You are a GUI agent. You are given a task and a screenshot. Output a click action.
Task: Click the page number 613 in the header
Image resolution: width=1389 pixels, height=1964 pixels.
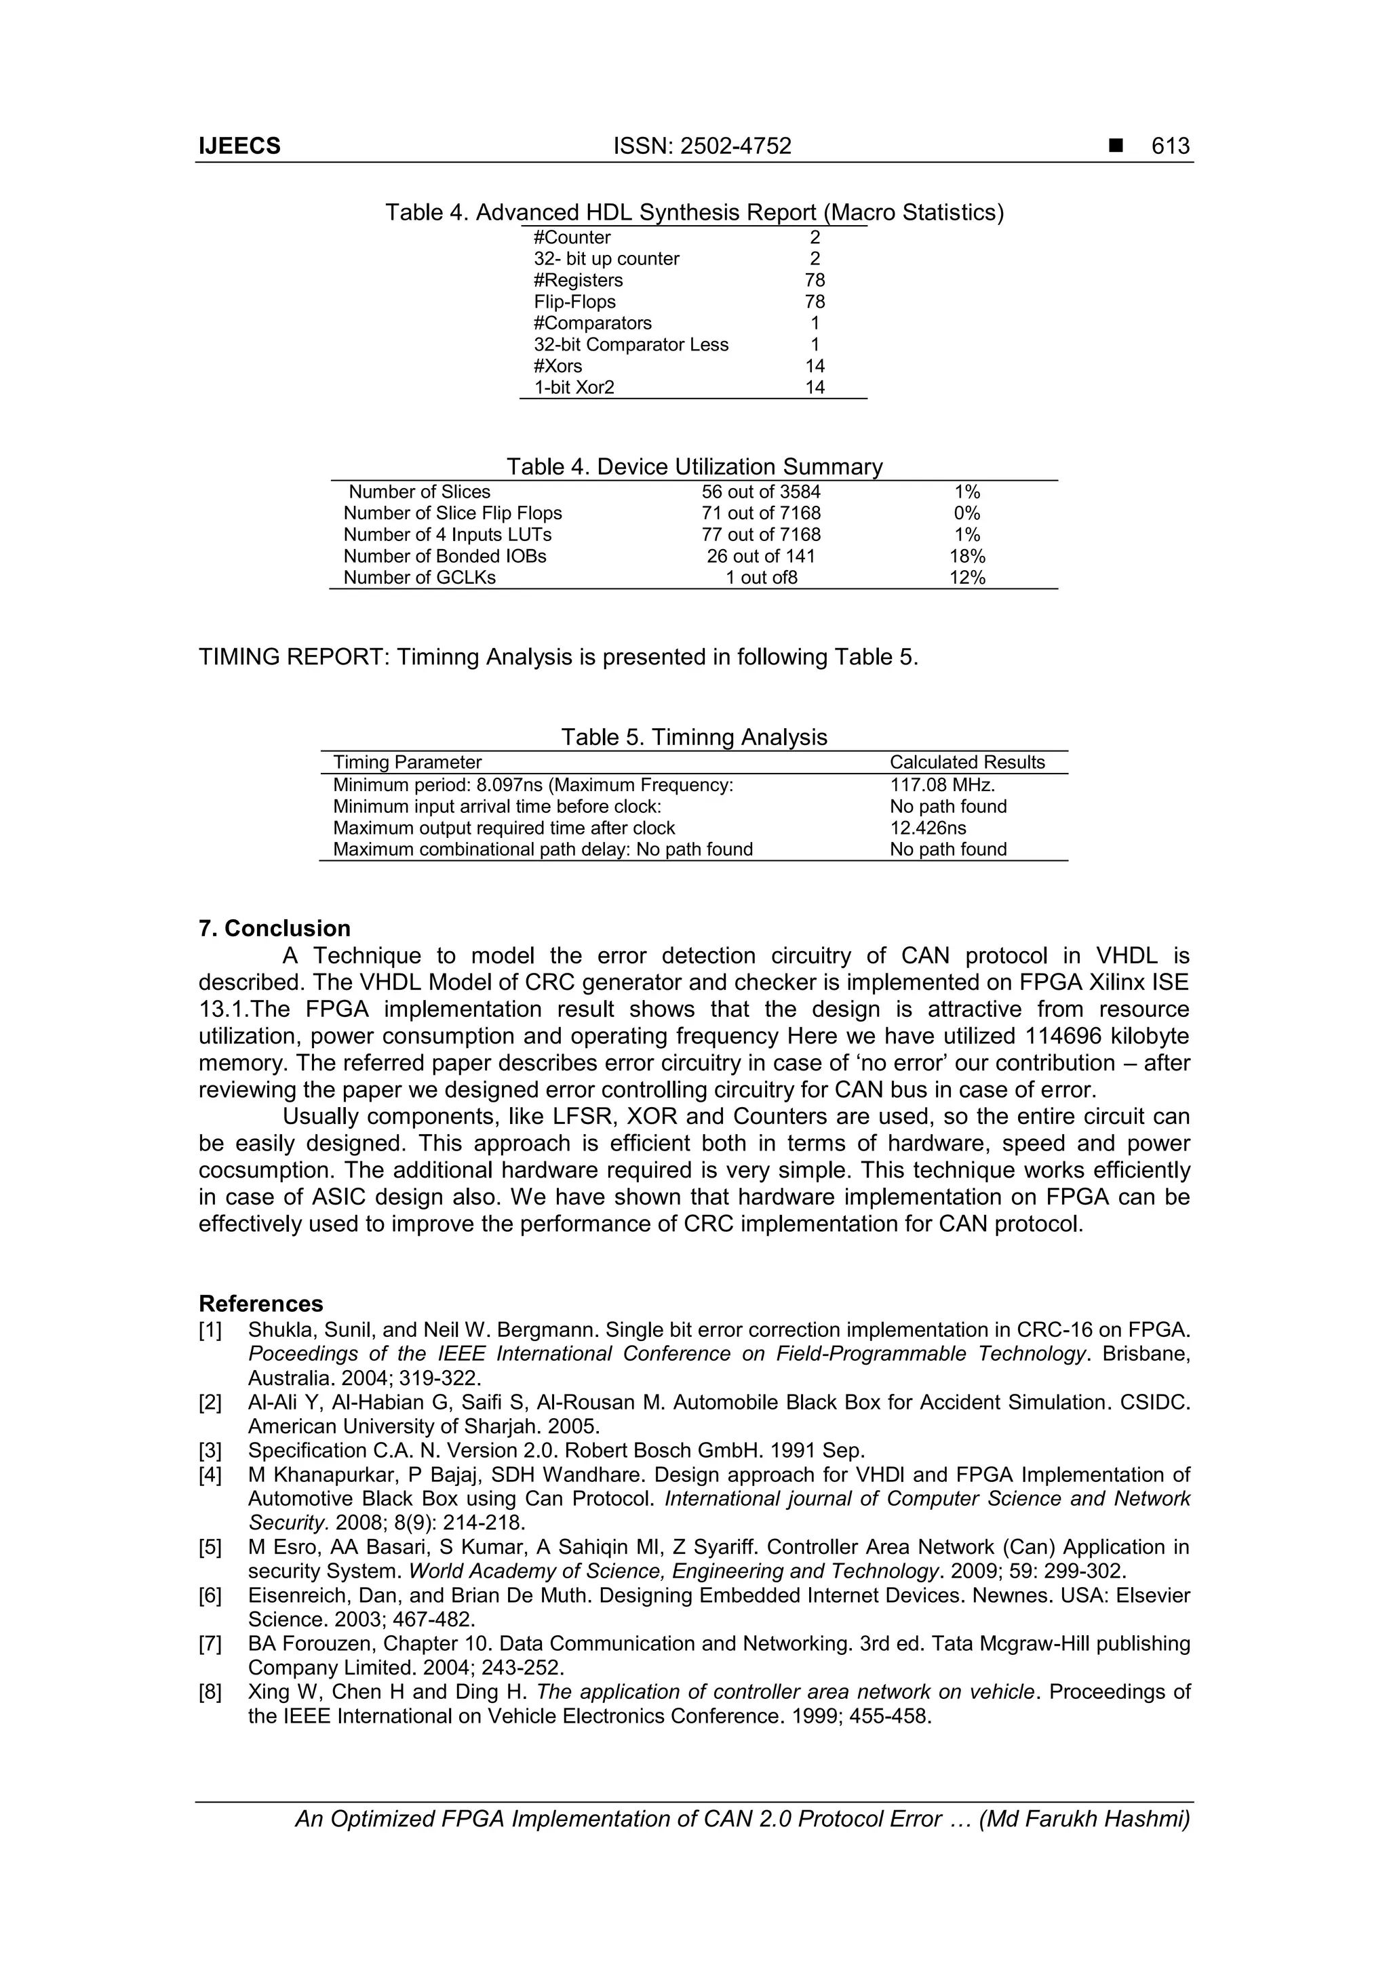pyautogui.click(x=1170, y=146)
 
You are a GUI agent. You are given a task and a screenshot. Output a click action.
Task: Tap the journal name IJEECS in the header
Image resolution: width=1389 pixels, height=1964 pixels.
pyautogui.click(x=239, y=146)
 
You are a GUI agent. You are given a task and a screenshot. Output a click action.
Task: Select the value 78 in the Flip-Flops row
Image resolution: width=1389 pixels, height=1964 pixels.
pyautogui.click(x=814, y=302)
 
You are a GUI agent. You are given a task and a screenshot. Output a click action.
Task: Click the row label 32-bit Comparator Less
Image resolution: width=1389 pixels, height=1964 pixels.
pyautogui.click(x=631, y=344)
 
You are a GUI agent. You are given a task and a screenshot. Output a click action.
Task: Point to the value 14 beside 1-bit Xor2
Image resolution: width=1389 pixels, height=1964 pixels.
pyautogui.click(x=814, y=388)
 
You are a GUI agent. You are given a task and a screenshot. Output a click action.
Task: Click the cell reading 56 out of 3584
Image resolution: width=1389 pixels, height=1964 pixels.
pyautogui.click(x=760, y=492)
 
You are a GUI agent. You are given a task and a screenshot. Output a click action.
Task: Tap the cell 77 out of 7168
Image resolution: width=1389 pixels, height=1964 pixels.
pyautogui.click(x=760, y=535)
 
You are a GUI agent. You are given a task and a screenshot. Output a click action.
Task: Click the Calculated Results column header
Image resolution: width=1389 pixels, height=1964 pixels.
pyautogui.click(x=967, y=762)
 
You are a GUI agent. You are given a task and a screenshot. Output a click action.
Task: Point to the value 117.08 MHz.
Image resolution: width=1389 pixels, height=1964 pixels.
pyautogui.click(x=941, y=785)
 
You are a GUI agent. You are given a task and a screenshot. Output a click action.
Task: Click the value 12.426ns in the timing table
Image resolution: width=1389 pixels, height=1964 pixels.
pyautogui.click(x=928, y=828)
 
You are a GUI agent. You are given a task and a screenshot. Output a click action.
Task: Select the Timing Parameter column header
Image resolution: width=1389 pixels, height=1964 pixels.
pyautogui.click(x=408, y=762)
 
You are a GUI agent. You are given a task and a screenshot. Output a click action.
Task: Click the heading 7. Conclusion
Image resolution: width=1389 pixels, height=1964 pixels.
pyautogui.click(x=275, y=928)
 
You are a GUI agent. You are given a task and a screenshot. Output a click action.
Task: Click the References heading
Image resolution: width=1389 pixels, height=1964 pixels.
pyautogui.click(x=261, y=1304)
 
